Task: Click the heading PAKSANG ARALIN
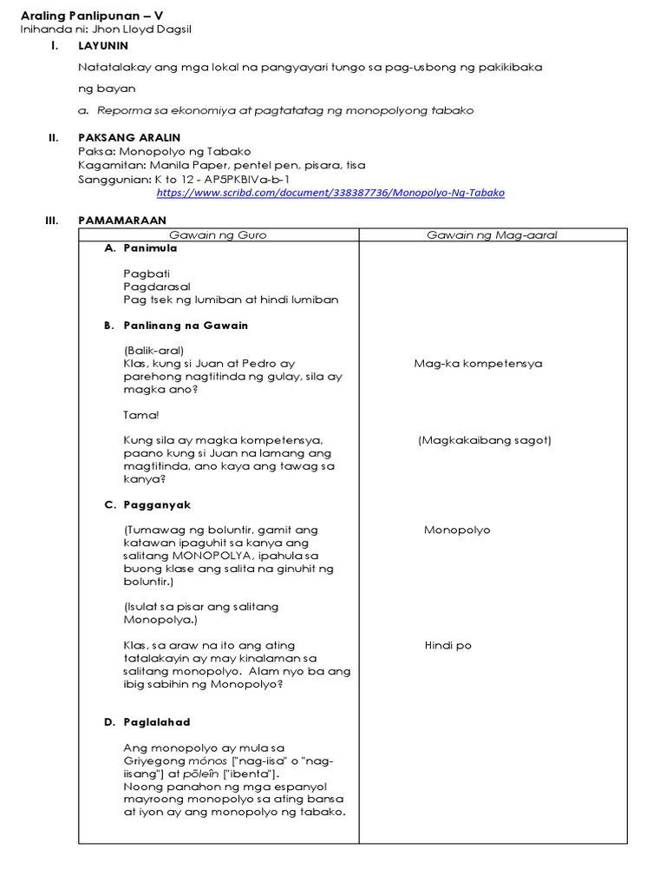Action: click(129, 137)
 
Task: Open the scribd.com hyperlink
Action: click(330, 193)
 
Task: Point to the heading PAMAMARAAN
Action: click(121, 221)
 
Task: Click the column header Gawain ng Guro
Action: click(218, 235)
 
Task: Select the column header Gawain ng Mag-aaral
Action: click(492, 235)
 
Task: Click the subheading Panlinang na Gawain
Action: click(186, 326)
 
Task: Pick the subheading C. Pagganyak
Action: click(147, 505)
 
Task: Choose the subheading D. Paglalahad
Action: click(147, 722)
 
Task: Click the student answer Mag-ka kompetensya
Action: click(478, 364)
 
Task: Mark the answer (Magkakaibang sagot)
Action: click(484, 440)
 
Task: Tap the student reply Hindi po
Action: click(447, 646)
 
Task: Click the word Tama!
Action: click(141, 415)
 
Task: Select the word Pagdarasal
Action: click(157, 286)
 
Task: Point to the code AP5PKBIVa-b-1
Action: click(247, 179)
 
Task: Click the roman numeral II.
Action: click(53, 137)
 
